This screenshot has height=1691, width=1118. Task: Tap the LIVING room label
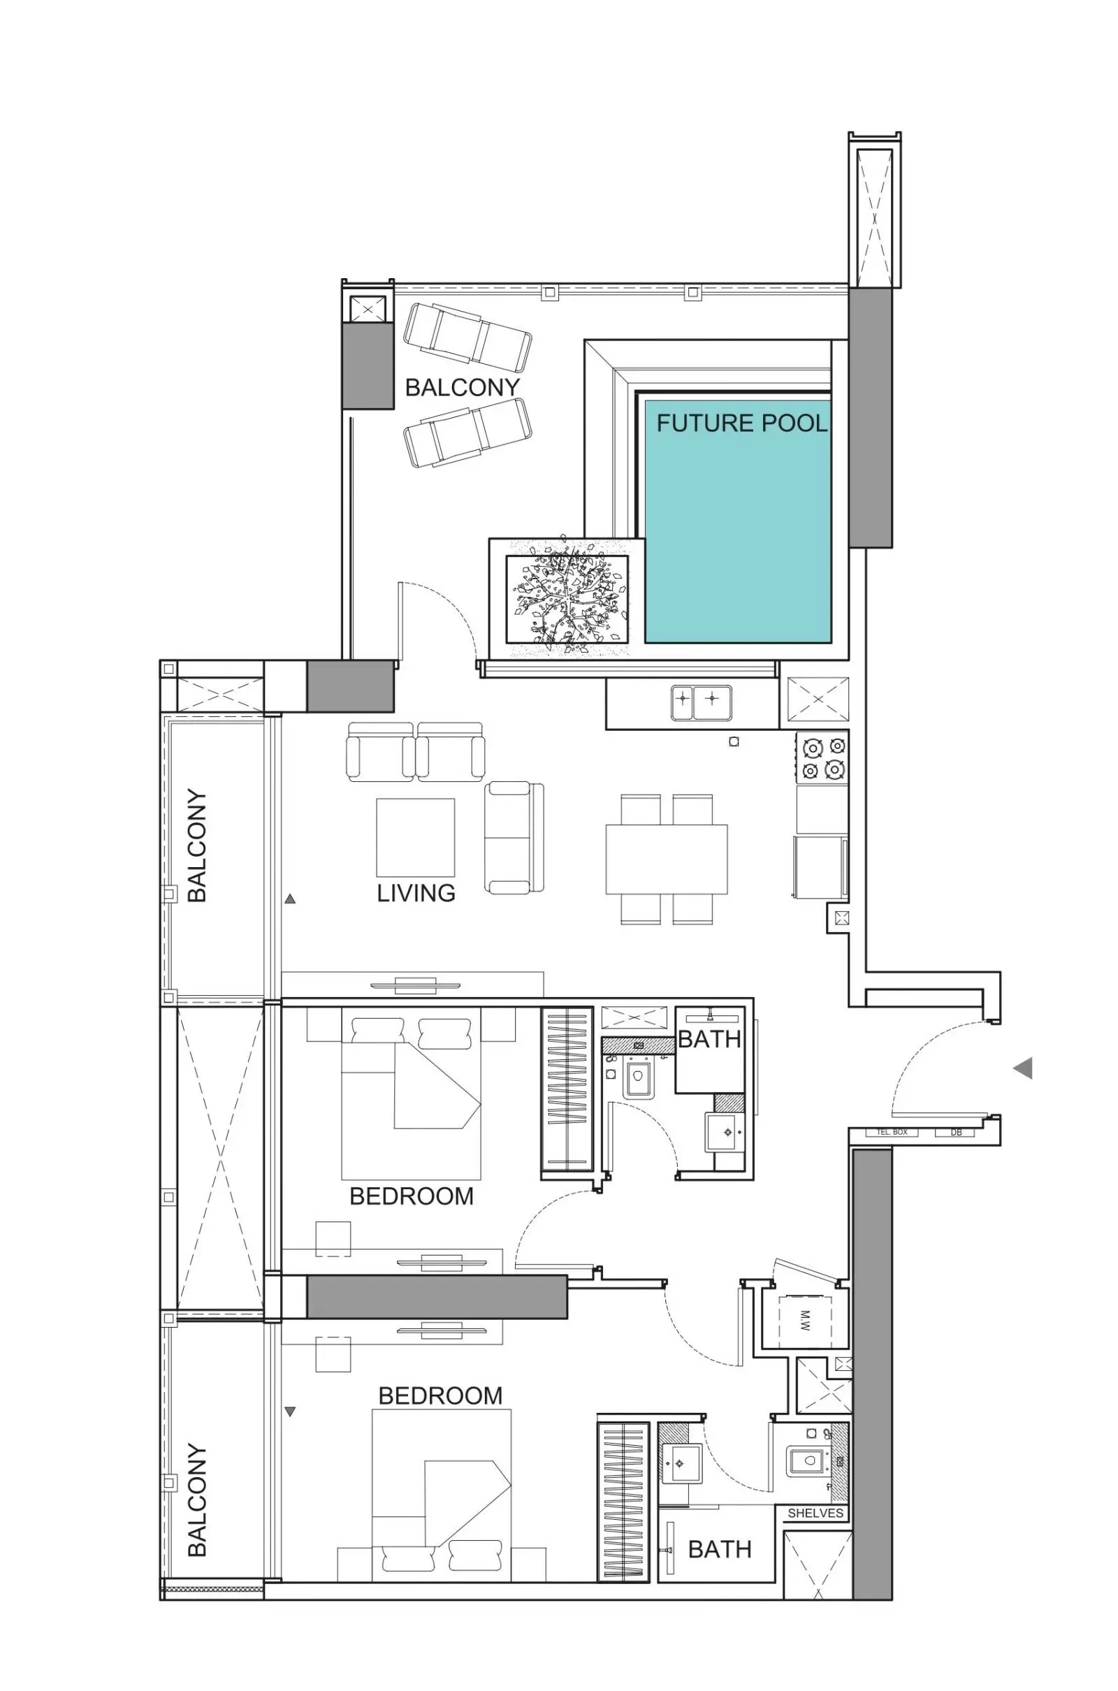[416, 892]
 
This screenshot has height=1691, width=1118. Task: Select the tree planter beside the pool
[567, 598]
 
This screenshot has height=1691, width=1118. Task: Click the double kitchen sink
[702, 702]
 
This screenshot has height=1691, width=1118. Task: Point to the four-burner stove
[823, 758]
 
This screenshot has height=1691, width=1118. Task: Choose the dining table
[667, 859]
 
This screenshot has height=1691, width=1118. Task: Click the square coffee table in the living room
[416, 837]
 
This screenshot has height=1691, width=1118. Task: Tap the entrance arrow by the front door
[1023, 1068]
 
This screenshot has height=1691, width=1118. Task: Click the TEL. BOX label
[892, 1132]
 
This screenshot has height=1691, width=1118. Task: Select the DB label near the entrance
[956, 1133]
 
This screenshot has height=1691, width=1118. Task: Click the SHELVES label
[815, 1513]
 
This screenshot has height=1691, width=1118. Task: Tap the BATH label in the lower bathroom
[720, 1549]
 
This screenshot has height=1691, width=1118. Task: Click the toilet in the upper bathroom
[637, 1077]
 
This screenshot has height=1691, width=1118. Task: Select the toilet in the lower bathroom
[808, 1460]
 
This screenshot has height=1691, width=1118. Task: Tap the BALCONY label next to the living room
[197, 845]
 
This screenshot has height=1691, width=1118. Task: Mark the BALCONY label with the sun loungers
[463, 387]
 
